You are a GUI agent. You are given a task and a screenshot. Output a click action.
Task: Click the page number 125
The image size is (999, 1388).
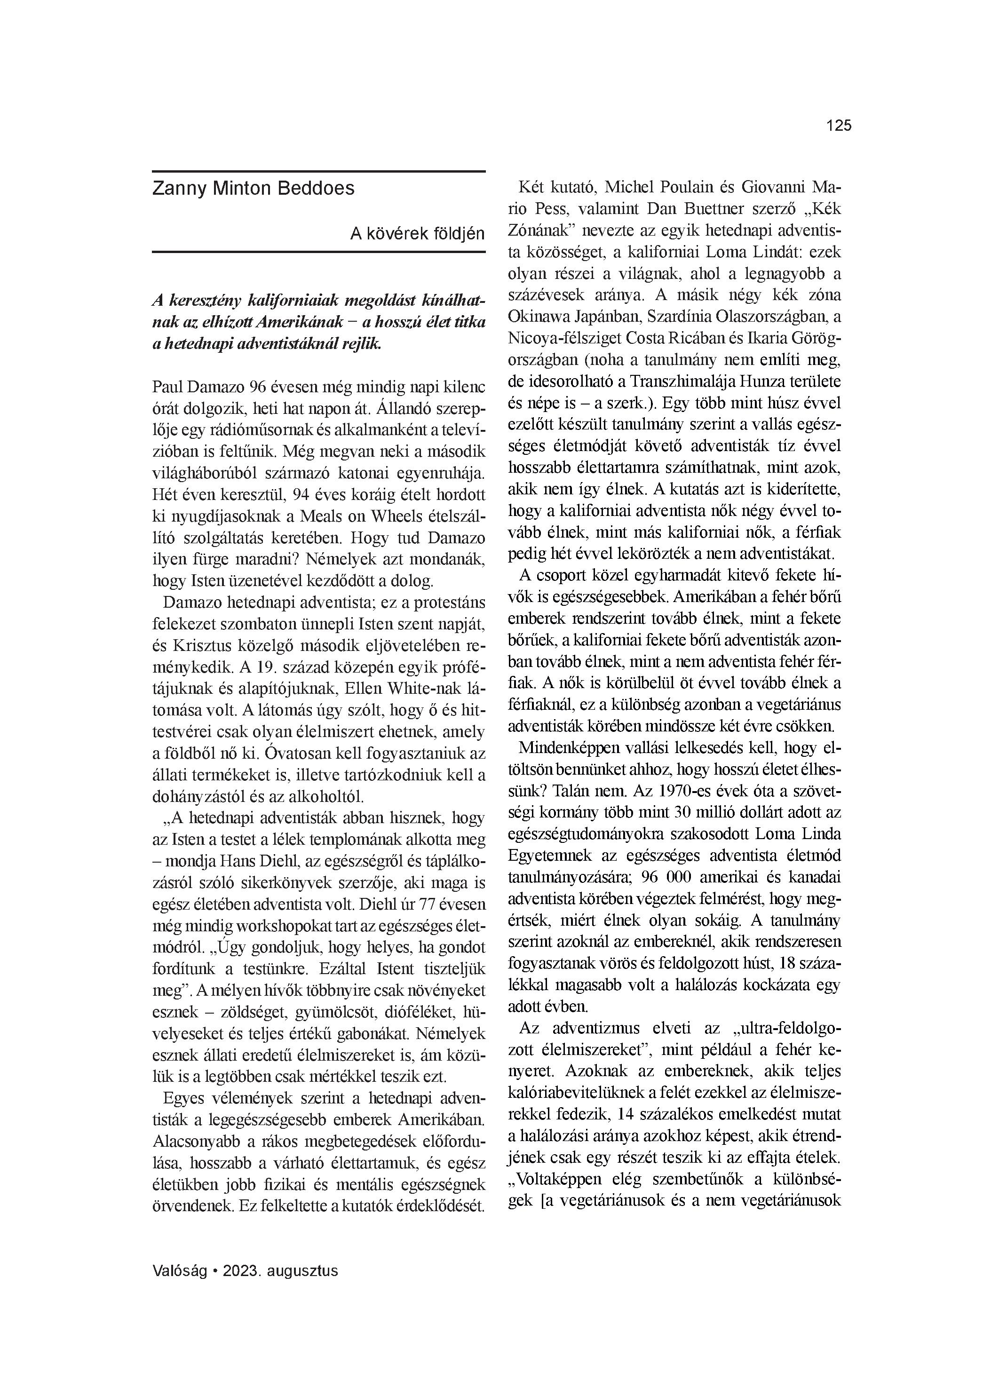tap(839, 126)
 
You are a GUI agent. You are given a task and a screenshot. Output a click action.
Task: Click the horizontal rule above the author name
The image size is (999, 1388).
tap(318, 171)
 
